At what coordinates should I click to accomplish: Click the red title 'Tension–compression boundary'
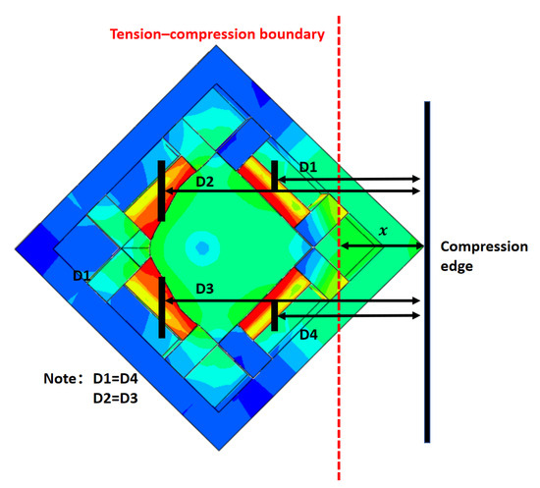(217, 34)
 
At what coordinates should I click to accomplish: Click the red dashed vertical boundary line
(339, 248)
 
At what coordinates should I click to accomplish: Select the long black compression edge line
(427, 272)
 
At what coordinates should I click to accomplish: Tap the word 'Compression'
(484, 246)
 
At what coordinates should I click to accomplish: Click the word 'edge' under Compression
(457, 266)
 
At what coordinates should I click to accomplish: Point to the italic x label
(383, 231)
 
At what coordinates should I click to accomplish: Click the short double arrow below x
(382, 245)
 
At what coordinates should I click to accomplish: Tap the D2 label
(204, 182)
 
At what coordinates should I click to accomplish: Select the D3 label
(204, 289)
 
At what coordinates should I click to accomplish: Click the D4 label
(308, 335)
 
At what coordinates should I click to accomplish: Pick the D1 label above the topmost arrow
(308, 167)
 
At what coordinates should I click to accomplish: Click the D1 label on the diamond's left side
(81, 275)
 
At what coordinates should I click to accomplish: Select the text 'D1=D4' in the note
(116, 379)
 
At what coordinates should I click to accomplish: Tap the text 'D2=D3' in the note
(116, 399)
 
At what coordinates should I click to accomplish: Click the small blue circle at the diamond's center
(202, 246)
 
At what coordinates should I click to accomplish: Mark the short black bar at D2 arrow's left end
(161, 190)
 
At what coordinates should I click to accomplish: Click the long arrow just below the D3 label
(293, 301)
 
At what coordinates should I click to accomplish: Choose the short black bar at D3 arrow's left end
(162, 307)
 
